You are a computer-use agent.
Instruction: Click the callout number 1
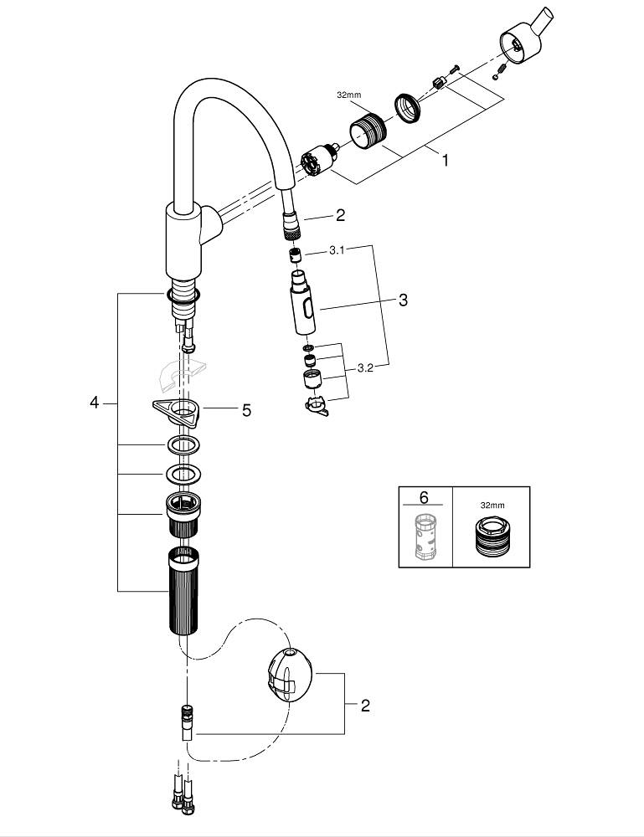(x=445, y=159)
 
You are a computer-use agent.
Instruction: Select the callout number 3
(x=403, y=300)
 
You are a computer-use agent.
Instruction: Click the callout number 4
(x=95, y=403)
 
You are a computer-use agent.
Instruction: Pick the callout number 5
(x=246, y=410)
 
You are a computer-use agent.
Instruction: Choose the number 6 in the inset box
(x=424, y=498)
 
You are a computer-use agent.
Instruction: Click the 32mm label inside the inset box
(x=492, y=505)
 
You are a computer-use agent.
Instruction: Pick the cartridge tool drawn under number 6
(x=425, y=537)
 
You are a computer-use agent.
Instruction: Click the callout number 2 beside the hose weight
(x=364, y=706)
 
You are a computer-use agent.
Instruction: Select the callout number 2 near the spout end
(x=339, y=215)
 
